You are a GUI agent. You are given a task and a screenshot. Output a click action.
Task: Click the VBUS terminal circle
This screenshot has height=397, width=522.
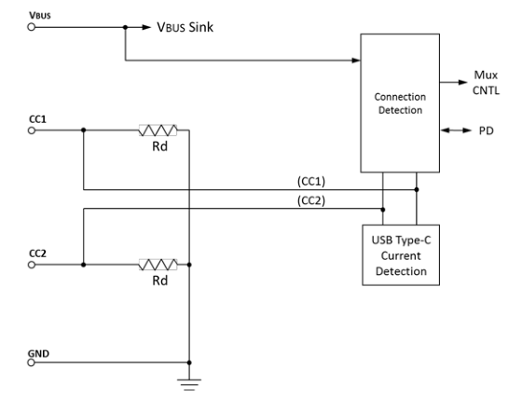[x=34, y=28]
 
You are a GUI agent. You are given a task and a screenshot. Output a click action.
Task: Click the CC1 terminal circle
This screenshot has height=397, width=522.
[x=34, y=130]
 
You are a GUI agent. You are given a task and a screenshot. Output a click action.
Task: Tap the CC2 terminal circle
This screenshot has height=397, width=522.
[x=34, y=265]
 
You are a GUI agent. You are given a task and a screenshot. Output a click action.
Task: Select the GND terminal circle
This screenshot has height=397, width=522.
[x=34, y=363]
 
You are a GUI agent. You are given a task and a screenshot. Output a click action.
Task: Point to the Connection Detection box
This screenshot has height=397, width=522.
[x=399, y=103]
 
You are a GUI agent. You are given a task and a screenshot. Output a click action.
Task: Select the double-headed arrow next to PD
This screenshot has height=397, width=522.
[x=452, y=130]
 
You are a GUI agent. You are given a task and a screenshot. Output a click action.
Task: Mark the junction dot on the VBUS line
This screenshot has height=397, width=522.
[x=125, y=28]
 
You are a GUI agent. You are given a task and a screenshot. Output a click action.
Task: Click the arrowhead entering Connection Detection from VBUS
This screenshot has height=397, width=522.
[x=357, y=62]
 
